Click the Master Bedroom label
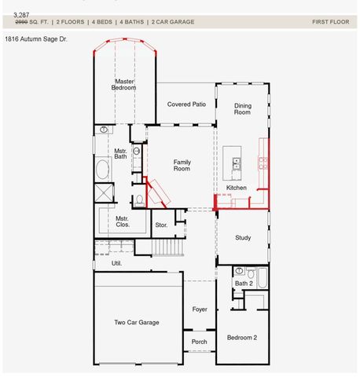pos(124,84)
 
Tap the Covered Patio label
pos(186,104)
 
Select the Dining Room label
pos(242,108)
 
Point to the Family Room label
pos(182,166)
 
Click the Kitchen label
pos(237,188)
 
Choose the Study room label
pos(243,237)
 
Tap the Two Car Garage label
pos(137,322)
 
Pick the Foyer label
pos(200,309)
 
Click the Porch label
pos(200,342)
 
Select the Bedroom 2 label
pos(242,338)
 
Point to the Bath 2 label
pos(244,284)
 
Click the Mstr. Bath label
pos(121,153)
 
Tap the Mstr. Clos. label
pos(122,221)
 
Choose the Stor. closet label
pos(161,225)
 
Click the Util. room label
pos(116,263)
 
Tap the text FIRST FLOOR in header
pos(330,22)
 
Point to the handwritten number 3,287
pos(23,14)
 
